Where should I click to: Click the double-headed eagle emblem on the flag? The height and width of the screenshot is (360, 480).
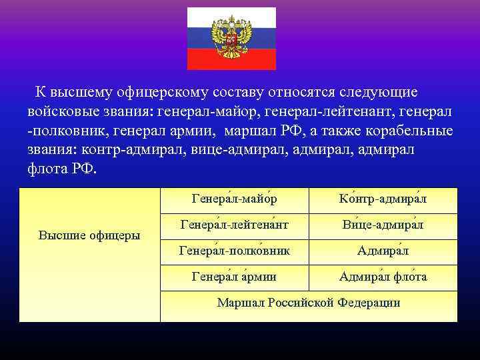pos(231,38)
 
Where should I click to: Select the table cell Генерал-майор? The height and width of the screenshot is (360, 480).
pos(234,199)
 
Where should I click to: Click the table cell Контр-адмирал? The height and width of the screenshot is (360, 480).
pos(383,199)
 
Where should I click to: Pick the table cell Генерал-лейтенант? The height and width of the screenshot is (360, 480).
pos(234,225)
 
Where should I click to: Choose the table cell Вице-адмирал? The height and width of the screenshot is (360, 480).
pos(383,225)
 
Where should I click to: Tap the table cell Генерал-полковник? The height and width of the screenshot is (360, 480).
pos(234,251)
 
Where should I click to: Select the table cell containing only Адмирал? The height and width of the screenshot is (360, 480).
pos(383,251)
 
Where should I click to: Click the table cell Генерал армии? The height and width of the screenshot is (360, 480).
pos(234,277)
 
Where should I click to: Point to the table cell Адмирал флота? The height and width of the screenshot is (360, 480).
pos(383,277)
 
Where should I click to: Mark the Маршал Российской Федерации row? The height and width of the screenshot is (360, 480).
pos(309,303)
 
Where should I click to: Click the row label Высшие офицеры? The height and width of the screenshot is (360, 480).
pos(89,235)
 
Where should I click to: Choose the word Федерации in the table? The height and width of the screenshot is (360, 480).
pos(369,303)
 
